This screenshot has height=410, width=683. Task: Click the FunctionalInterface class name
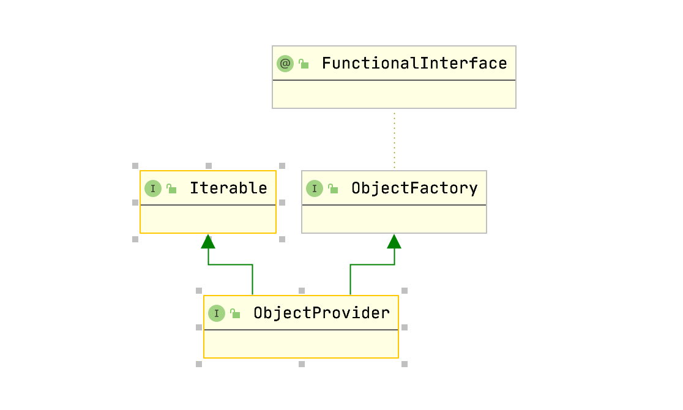[x=414, y=63]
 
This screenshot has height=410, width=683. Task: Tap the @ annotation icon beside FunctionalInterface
[x=285, y=63]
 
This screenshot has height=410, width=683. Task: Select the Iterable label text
[x=228, y=188]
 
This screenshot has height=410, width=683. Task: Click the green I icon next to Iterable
[x=152, y=188]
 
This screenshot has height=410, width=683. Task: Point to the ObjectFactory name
[x=414, y=188]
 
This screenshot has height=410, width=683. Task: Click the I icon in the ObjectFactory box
[x=314, y=188]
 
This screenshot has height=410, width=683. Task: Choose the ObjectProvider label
[x=321, y=313]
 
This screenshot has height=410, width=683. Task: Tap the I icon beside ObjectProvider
[x=216, y=313]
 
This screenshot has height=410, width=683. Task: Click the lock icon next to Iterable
[x=171, y=188]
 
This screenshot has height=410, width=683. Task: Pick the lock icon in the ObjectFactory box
[x=333, y=188]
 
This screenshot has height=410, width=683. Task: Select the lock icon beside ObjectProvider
[x=235, y=313]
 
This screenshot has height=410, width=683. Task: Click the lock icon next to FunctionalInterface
[x=304, y=63]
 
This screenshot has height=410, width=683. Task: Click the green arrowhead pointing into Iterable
[x=208, y=242]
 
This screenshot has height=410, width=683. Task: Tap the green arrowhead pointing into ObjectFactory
[x=394, y=242]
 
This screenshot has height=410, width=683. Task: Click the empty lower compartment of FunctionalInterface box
[x=394, y=94]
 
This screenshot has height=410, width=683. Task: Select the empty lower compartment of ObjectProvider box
[x=300, y=344]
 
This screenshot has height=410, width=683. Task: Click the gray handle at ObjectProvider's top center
[x=301, y=291]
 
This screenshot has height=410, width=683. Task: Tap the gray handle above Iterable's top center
[x=208, y=166]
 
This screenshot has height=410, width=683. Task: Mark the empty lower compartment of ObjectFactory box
[x=394, y=219]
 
